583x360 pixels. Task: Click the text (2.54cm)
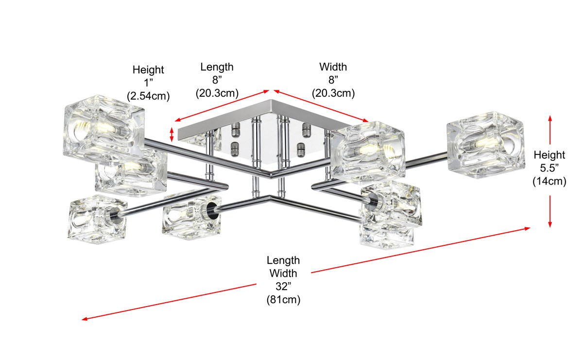[148, 96]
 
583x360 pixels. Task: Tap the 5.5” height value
[549, 168]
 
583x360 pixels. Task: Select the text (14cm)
[549, 182]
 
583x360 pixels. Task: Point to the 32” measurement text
[283, 287]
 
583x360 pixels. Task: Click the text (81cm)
[283, 300]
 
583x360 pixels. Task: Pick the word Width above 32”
[283, 274]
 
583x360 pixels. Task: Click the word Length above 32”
[283, 260]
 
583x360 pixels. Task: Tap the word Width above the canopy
[333, 67]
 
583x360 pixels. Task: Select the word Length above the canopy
[217, 67]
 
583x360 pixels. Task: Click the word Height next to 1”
[148, 70]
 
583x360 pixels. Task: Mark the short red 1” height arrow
[171, 135]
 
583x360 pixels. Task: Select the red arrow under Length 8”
[222, 105]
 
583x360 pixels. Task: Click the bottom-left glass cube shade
[97, 219]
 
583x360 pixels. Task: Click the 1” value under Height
[148, 83]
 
